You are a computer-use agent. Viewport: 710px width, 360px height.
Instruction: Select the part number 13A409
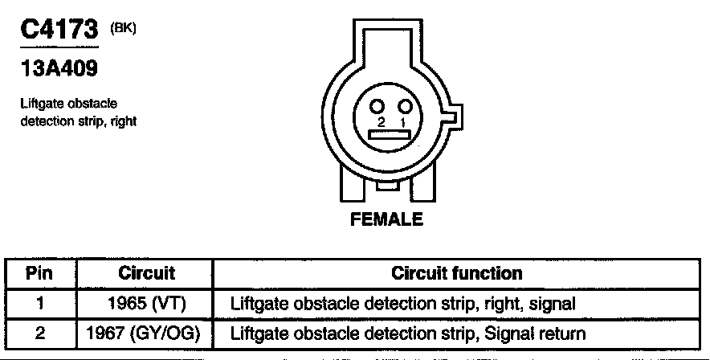tap(58, 70)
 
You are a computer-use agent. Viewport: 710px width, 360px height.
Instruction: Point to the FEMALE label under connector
tap(386, 219)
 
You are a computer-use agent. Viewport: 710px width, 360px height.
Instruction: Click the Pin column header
tap(39, 273)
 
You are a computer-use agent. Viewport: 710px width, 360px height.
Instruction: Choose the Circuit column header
tap(147, 273)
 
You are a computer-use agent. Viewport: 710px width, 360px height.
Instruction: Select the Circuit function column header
tap(456, 273)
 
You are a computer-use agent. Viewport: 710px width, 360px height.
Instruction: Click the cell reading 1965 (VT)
tap(147, 304)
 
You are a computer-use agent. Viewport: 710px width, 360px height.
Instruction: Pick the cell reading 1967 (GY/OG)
tap(147, 333)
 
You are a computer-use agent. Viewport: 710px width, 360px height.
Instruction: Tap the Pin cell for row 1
tap(39, 304)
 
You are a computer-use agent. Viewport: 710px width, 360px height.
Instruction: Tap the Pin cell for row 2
tap(39, 333)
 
